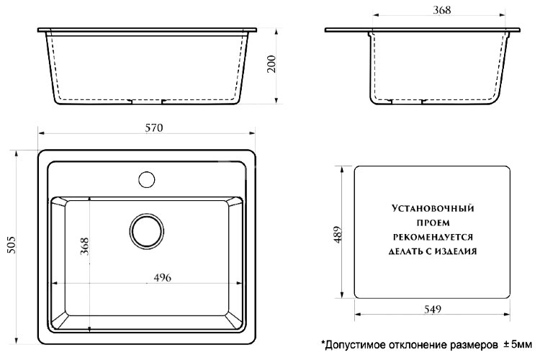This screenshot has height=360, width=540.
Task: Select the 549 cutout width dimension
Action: coord(432,309)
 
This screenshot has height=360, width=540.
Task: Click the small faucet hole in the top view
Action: coord(147,177)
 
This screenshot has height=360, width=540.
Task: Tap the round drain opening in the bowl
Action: coord(147,230)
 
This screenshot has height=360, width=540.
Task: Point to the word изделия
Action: coord(455,252)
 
